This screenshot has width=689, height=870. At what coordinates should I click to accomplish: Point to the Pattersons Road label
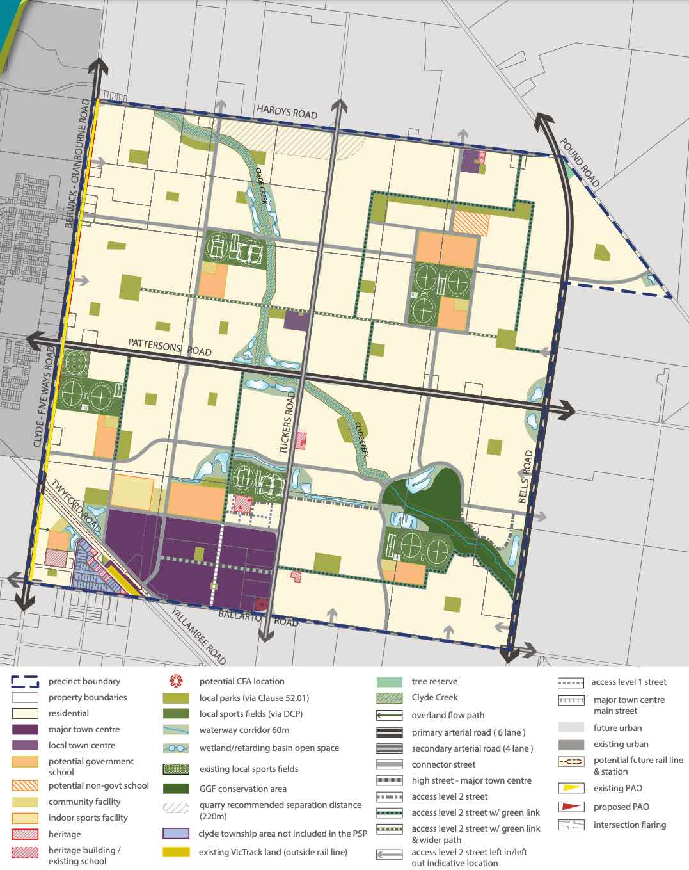pyautogui.click(x=170, y=348)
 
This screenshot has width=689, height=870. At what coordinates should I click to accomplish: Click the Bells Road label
pyautogui.click(x=526, y=476)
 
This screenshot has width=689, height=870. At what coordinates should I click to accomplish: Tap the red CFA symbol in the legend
pyautogui.click(x=176, y=681)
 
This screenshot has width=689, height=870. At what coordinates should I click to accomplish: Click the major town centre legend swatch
pyautogui.click(x=25, y=729)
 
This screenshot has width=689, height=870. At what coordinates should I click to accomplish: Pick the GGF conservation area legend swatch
pyautogui.click(x=176, y=789)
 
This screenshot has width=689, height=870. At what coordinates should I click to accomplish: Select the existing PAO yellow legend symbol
pyautogui.click(x=571, y=788)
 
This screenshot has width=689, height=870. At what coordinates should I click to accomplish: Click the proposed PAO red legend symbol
pyautogui.click(x=571, y=807)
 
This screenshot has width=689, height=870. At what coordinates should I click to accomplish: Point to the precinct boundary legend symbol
pyautogui.click(x=25, y=681)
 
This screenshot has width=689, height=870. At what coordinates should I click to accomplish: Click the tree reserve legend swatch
pyautogui.click(x=389, y=682)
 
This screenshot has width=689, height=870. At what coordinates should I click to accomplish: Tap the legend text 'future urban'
pyautogui.click(x=617, y=728)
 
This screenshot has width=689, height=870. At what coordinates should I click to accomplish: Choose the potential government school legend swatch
pyautogui.click(x=25, y=762)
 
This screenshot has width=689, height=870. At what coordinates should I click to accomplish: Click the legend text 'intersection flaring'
pyautogui.click(x=630, y=825)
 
